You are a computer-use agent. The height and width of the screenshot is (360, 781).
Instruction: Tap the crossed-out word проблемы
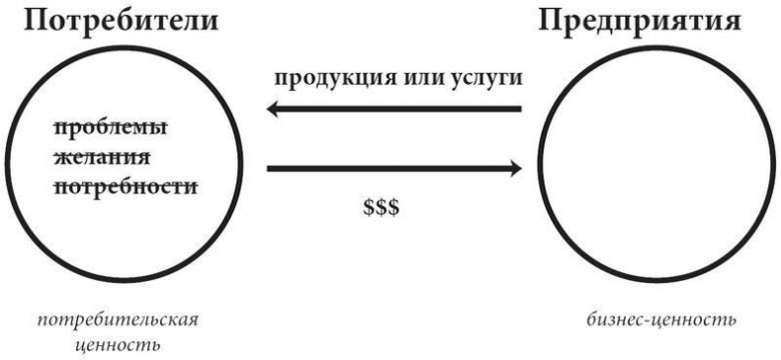point(110,129)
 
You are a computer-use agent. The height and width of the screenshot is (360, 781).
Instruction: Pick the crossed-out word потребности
point(125,185)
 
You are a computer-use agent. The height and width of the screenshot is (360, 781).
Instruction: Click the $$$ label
point(380,211)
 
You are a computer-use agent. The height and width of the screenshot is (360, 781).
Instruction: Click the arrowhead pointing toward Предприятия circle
point(512,169)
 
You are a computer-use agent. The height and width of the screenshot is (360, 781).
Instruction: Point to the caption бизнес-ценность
point(659,321)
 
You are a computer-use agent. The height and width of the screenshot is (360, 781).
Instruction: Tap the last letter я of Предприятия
point(730,21)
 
